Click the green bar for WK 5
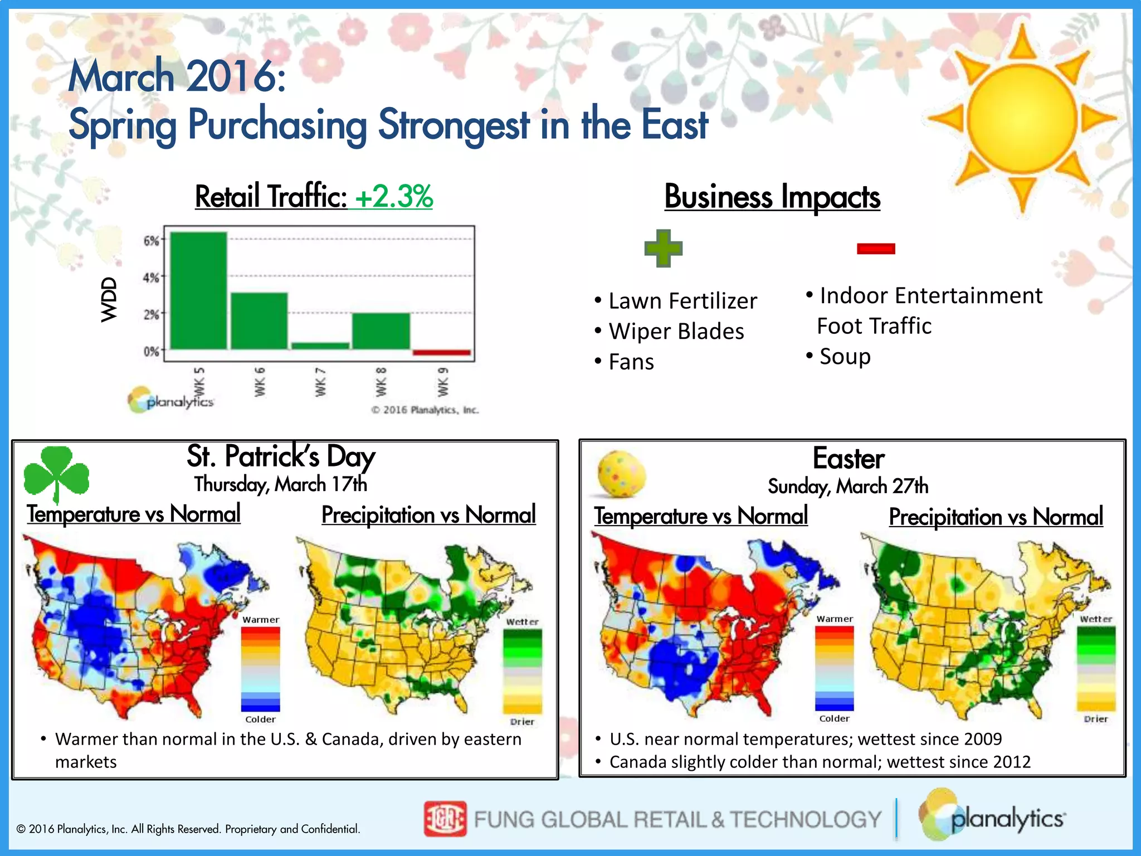(x=198, y=290)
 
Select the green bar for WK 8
(x=381, y=331)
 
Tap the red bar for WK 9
(x=442, y=352)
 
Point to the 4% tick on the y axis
(x=151, y=277)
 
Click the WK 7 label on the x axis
(x=320, y=382)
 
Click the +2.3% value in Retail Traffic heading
(x=394, y=197)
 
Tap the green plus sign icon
(x=663, y=248)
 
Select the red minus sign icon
(x=876, y=249)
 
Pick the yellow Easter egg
(x=621, y=474)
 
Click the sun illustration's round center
(x=1022, y=118)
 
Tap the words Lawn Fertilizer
(x=682, y=301)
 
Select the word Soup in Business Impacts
(x=845, y=357)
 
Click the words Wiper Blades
(x=676, y=332)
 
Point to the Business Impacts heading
(x=772, y=197)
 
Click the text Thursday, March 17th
(x=281, y=484)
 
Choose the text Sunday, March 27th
(x=848, y=486)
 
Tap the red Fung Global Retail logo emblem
(x=445, y=819)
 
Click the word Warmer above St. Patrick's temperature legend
(x=261, y=620)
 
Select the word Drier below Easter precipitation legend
(x=1095, y=719)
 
